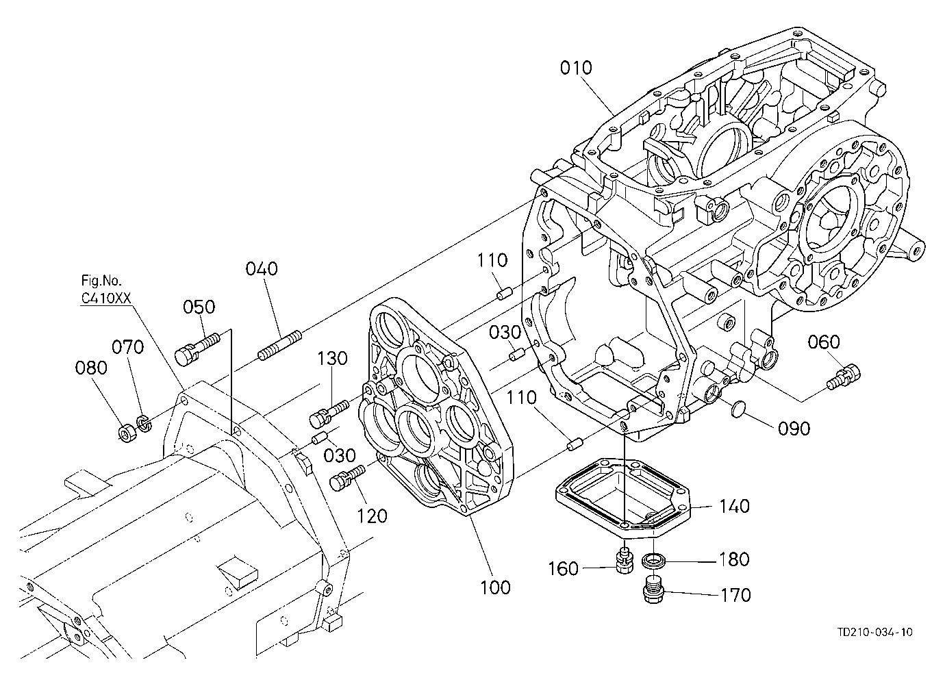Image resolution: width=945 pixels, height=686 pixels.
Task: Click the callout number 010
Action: click(x=576, y=68)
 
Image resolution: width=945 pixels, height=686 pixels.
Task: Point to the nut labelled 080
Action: click(x=127, y=433)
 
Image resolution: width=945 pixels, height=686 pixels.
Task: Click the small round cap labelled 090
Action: click(x=738, y=409)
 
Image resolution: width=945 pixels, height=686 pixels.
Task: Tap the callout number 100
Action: click(x=495, y=587)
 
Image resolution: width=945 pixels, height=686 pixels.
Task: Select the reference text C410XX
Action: click(x=106, y=298)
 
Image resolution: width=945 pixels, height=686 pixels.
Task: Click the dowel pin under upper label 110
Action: click(x=504, y=293)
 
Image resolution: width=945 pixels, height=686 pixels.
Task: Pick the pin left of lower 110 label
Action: click(x=575, y=444)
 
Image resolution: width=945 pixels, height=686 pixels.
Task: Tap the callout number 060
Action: click(x=824, y=342)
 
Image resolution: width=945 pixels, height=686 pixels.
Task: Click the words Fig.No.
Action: click(x=101, y=280)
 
